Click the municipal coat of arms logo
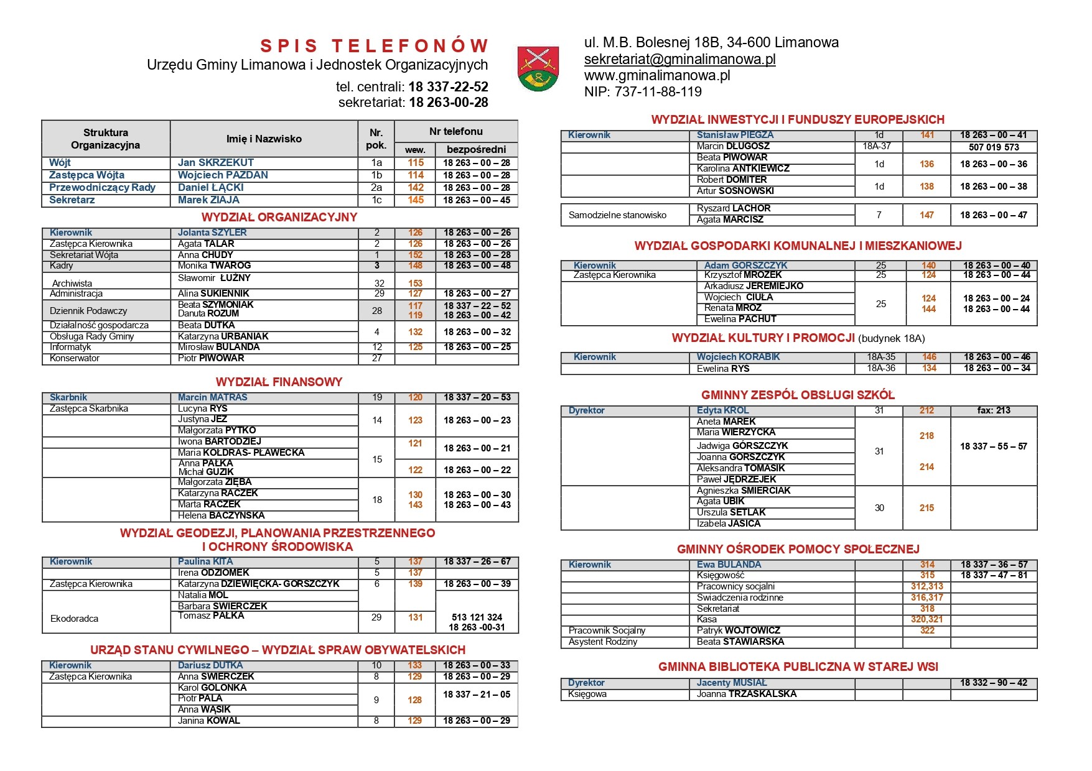538,68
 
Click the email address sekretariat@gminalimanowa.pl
679,60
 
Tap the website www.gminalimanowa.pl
657,76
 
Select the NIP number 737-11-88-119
643,92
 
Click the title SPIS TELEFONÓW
375,46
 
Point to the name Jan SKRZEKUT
215,163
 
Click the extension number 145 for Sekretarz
416,200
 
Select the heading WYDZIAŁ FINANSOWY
279,382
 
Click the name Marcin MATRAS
212,397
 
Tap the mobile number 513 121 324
477,617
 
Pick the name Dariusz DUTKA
210,665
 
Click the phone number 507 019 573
994,147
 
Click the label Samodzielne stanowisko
617,215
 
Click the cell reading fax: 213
994,410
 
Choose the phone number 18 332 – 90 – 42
994,683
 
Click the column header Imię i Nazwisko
264,139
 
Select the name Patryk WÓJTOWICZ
738,630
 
